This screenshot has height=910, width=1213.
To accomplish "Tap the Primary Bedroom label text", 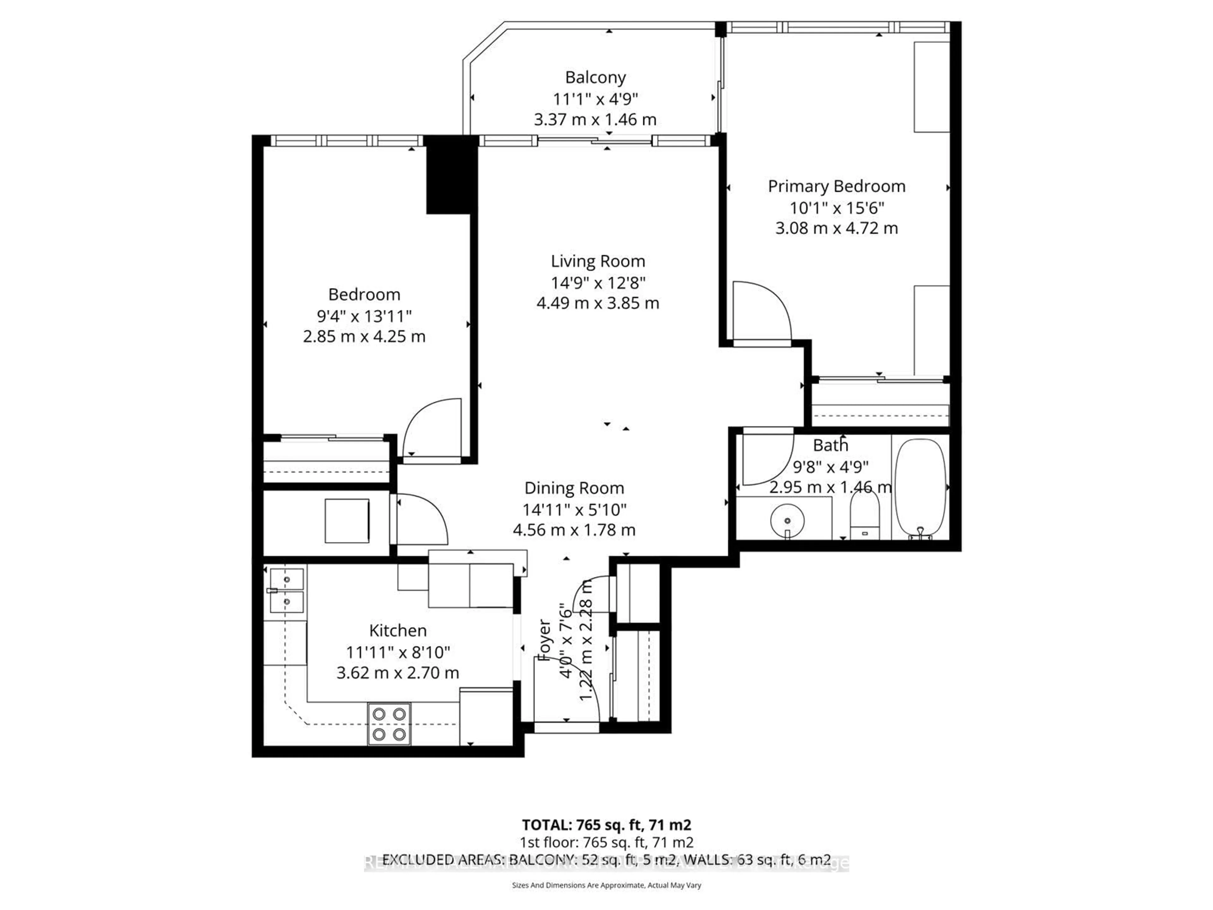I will [x=836, y=186].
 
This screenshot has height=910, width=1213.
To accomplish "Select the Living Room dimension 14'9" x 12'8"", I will [x=598, y=282].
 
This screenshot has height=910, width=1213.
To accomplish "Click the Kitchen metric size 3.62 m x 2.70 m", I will [x=398, y=672].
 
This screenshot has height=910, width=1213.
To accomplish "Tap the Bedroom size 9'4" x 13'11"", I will [x=364, y=316].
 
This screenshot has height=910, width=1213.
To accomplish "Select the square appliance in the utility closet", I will [x=347, y=520].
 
